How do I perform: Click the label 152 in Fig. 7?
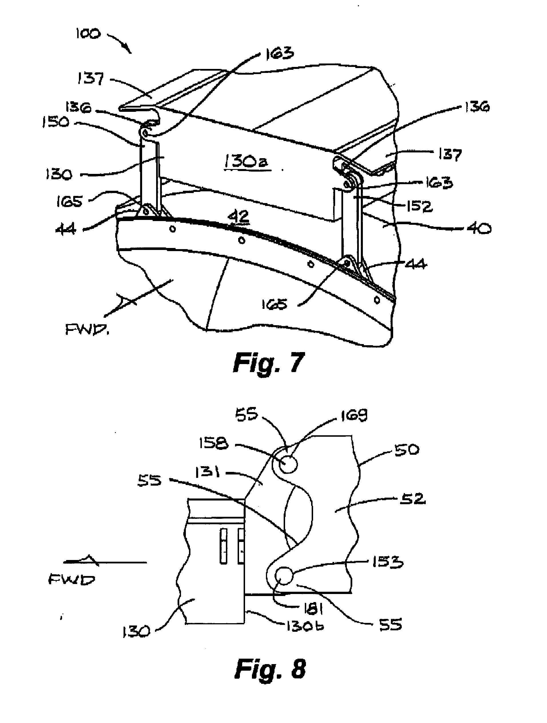(419, 206)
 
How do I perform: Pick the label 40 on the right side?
(479, 229)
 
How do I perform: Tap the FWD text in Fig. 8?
(71, 579)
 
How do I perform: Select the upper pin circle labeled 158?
(289, 464)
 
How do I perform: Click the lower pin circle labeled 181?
(284, 576)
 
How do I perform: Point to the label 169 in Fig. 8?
(354, 416)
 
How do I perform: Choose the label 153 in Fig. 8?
(387, 562)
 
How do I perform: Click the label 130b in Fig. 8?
(305, 626)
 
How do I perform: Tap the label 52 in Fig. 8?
(413, 499)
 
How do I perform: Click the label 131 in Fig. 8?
(208, 472)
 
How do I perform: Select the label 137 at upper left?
(90, 78)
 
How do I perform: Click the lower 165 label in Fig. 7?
(274, 304)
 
